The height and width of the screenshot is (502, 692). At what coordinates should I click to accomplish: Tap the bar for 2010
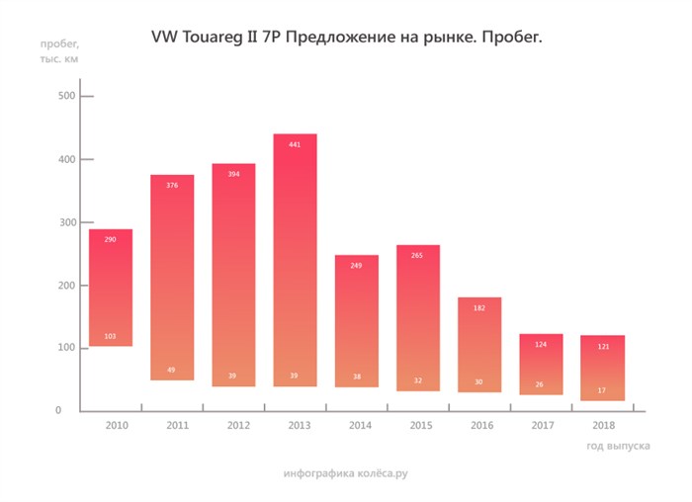(110, 287)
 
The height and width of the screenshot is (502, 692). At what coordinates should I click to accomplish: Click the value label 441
(295, 144)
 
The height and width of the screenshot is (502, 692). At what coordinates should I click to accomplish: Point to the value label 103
(110, 337)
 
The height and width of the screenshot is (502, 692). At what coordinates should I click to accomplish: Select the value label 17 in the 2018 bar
(602, 390)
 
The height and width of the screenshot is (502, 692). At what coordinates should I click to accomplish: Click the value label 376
(171, 185)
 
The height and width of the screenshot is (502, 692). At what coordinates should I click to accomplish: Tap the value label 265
(417, 255)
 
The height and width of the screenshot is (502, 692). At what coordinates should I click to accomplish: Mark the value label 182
(478, 308)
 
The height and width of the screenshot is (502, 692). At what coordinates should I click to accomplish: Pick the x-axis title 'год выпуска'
(618, 447)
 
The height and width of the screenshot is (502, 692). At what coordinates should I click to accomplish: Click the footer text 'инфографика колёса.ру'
(345, 474)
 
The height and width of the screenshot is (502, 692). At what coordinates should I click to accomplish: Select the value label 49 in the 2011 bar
(171, 371)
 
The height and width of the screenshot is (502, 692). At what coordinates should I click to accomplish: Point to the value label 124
(540, 344)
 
